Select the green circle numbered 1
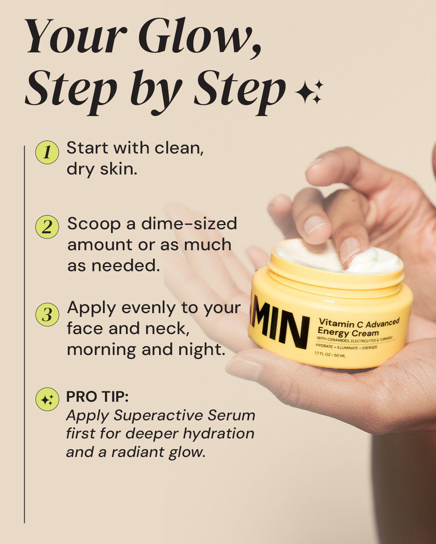[x=47, y=153]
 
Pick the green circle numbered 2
[x=47, y=227]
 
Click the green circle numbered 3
[x=47, y=314]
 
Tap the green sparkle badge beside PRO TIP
[x=47, y=399]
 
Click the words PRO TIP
[x=98, y=397]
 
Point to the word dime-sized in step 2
[x=189, y=224]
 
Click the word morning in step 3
[x=101, y=350]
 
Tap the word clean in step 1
[x=179, y=148]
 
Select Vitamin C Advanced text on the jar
[x=359, y=322]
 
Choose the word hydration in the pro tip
[x=218, y=434]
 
